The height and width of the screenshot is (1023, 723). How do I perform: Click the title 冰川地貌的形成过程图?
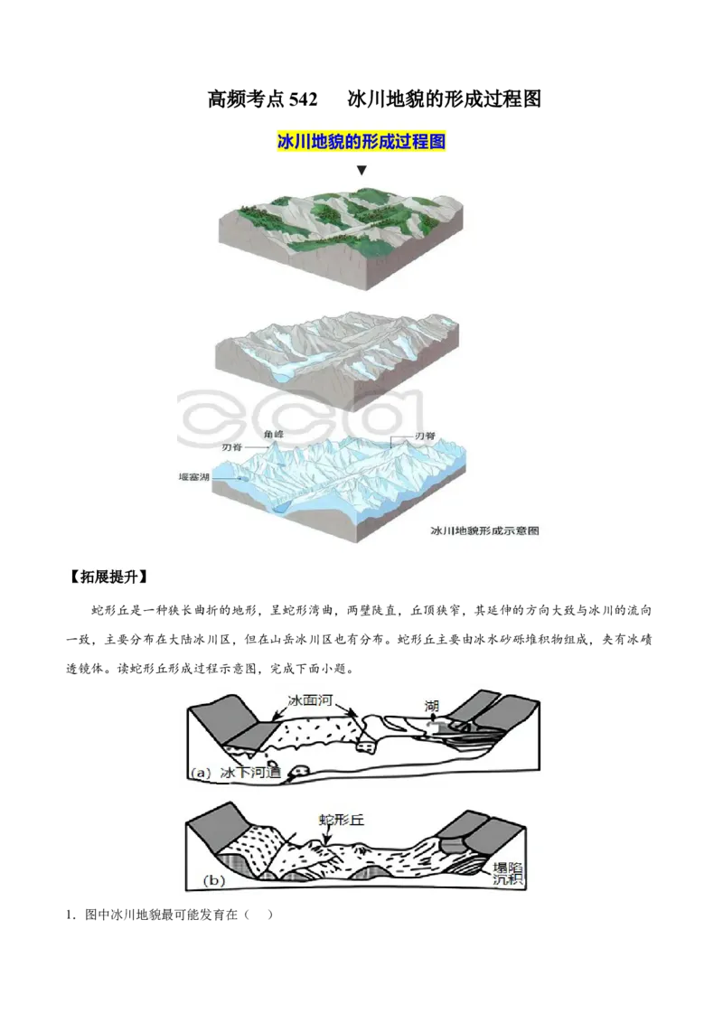361,142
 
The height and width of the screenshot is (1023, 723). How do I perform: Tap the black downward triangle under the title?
361,170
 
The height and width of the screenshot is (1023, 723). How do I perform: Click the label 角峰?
273,435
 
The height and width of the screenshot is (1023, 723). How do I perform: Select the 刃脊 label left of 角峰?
231,447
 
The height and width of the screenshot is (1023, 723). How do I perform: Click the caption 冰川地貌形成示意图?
484,531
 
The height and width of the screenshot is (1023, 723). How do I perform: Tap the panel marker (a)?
201,774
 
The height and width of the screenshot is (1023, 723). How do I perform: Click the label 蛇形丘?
340,820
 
